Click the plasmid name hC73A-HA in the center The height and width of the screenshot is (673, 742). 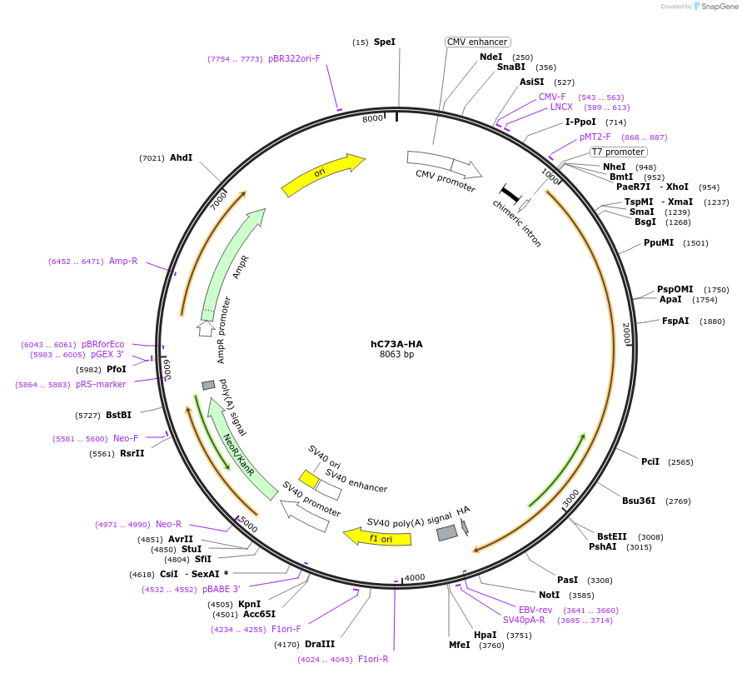click(x=396, y=344)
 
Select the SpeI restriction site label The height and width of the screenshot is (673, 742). click(x=385, y=42)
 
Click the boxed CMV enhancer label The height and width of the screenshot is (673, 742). click(x=477, y=42)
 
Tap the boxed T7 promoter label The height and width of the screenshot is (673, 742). click(x=618, y=152)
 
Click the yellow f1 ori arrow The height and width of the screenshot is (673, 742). click(x=378, y=538)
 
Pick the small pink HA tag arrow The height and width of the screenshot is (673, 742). click(x=465, y=526)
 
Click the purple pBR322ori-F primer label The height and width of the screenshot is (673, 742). click(x=294, y=58)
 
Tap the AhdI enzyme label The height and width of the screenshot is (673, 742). click(x=181, y=157)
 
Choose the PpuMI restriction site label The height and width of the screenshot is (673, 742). click(x=659, y=243)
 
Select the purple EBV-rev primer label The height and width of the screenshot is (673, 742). click(x=535, y=610)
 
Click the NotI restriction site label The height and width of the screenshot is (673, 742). click(x=549, y=595)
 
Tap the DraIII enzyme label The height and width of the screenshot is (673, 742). click(x=320, y=644)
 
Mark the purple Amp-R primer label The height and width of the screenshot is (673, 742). click(x=123, y=261)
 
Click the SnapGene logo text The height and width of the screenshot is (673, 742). click(x=720, y=7)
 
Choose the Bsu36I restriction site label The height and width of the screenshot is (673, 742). click(x=639, y=501)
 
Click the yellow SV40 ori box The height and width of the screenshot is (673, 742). click(x=309, y=479)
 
